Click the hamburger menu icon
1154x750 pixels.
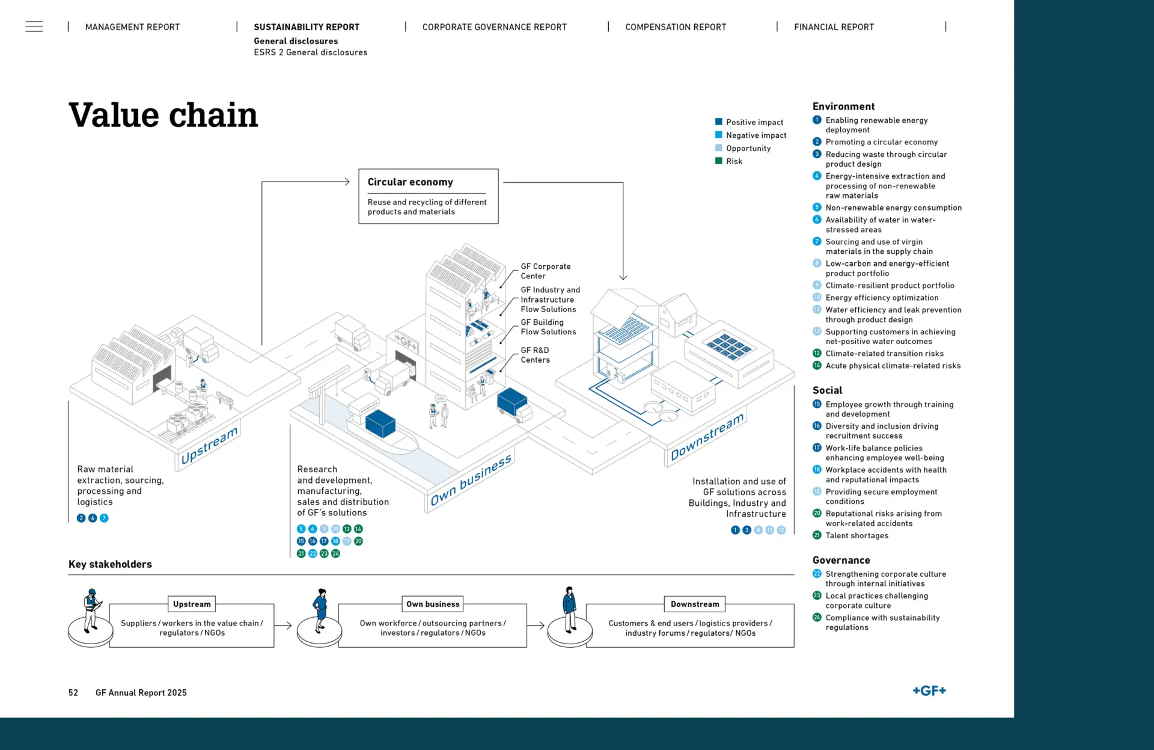(x=34, y=26)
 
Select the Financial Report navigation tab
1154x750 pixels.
(x=834, y=27)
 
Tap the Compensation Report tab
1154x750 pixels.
(x=676, y=27)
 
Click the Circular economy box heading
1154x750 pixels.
(x=411, y=182)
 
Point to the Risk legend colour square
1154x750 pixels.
(x=718, y=161)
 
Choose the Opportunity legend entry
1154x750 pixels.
(x=743, y=148)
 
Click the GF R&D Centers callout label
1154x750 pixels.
(x=536, y=355)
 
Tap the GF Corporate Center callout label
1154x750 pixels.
(x=546, y=271)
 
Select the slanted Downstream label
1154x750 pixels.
(x=707, y=437)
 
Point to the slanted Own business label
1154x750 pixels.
(x=471, y=480)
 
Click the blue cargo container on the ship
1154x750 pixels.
(x=380, y=423)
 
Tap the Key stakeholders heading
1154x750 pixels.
(x=110, y=564)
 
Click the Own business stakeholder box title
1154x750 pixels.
(x=433, y=604)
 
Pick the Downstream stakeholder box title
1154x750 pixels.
(x=695, y=604)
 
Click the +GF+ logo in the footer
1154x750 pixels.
(x=929, y=690)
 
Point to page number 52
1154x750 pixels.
(x=73, y=693)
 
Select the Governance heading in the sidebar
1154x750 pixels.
(x=841, y=560)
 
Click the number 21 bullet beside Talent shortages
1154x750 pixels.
(x=817, y=535)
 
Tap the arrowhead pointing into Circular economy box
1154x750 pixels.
(x=347, y=182)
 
